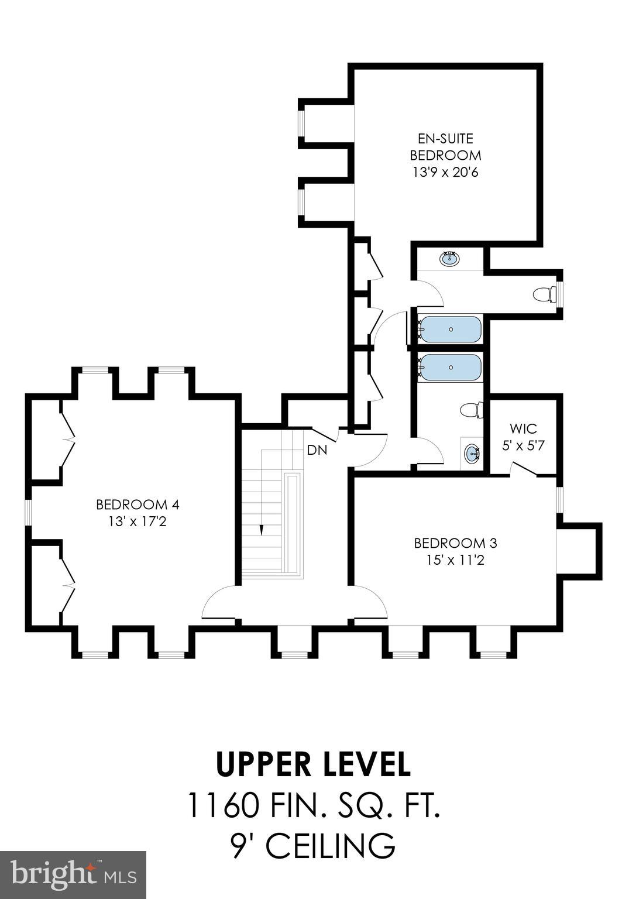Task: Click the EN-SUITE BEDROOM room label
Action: [445, 147]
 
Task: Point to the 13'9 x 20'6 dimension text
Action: [445, 173]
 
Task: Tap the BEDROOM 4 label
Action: [137, 504]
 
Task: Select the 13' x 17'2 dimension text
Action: [137, 521]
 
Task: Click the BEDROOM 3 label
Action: [455, 543]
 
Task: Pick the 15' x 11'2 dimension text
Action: [455, 560]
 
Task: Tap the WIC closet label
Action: [523, 428]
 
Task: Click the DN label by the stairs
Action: [317, 451]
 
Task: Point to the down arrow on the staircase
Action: [262, 529]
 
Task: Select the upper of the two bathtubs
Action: [451, 330]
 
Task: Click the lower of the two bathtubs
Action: [451, 368]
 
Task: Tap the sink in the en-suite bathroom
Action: [449, 258]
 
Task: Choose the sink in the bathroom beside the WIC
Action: [472, 453]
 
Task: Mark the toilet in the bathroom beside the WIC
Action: [472, 410]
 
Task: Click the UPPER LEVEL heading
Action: [313, 764]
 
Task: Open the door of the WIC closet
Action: [524, 468]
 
